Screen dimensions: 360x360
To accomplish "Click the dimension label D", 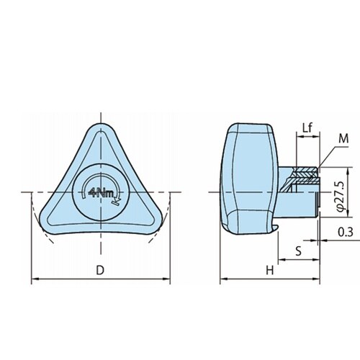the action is (x=100, y=270).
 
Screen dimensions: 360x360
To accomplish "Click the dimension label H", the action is (x=270, y=271).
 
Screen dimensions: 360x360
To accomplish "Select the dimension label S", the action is (x=298, y=251).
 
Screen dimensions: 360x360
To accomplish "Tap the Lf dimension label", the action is (x=307, y=128).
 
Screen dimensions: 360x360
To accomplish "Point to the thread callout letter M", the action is (x=343, y=139).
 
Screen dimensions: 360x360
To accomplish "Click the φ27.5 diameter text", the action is (x=341, y=197).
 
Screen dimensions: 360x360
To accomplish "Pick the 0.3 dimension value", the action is (x=346, y=232).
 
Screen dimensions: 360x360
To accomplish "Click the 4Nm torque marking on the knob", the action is (x=102, y=192).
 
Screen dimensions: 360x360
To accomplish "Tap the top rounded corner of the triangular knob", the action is (x=101, y=125).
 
